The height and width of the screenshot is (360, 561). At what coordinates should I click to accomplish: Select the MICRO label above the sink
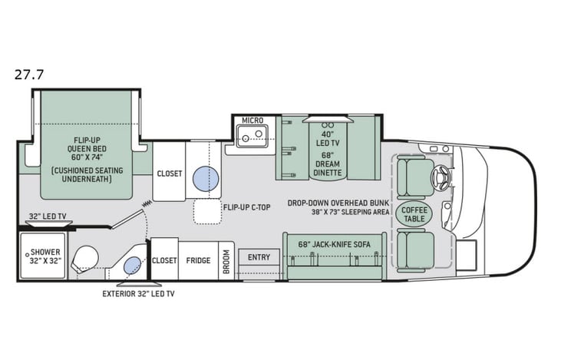[252, 121]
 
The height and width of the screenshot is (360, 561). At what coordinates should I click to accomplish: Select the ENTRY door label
[259, 257]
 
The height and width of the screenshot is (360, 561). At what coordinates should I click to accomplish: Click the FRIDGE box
[198, 261]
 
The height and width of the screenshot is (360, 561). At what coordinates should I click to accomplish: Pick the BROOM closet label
[226, 261]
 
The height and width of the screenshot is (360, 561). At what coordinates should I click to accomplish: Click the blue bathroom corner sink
[131, 266]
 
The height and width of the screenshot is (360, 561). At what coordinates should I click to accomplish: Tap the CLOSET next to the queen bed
[170, 173]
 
